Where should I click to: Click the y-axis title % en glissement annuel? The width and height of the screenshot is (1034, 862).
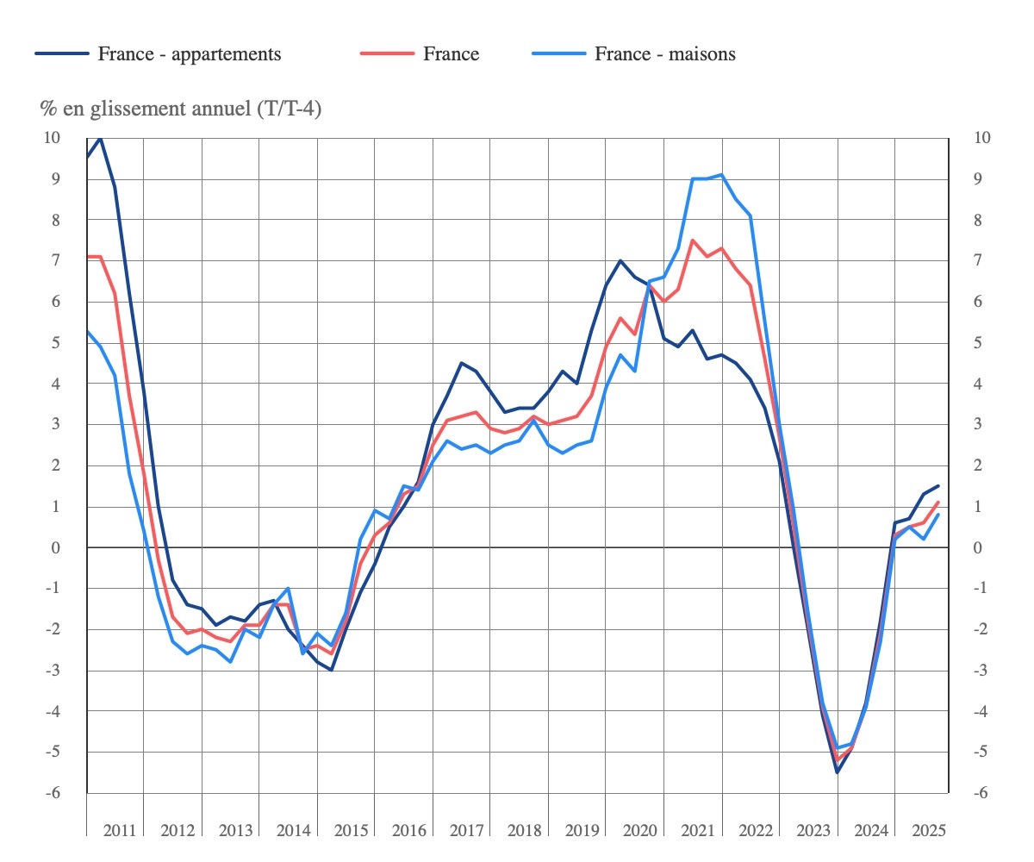[180, 109]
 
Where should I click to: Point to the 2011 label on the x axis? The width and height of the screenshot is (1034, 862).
[119, 831]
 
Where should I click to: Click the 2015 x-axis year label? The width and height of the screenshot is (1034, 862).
[350, 831]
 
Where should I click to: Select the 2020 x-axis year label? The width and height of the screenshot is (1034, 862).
[639, 831]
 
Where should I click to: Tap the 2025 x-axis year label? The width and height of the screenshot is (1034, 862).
[928, 831]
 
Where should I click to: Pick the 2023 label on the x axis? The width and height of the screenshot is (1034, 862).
[813, 831]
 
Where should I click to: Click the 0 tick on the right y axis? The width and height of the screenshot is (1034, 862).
[977, 548]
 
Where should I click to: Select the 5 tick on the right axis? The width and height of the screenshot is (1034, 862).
[977, 343]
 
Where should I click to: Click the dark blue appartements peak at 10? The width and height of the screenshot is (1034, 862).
[101, 138]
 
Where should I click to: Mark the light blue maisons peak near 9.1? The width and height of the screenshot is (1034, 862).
[721, 175]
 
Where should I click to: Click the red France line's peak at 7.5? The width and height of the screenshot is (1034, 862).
[693, 240]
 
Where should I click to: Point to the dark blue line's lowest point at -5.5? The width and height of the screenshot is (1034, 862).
[837, 772]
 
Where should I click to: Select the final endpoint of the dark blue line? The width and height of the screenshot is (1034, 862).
[938, 486]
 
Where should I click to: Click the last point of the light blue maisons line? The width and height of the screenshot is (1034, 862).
[938, 515]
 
